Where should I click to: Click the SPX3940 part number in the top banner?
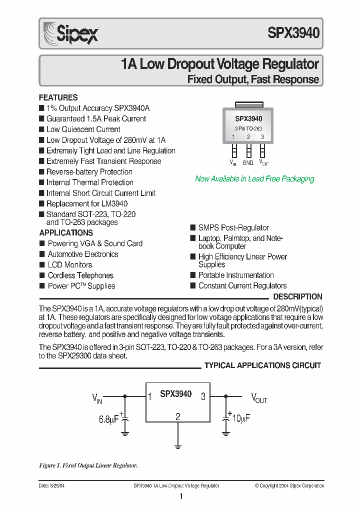point(293,33)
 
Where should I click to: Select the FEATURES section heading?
point(58,97)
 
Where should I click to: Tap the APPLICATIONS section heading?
point(66,232)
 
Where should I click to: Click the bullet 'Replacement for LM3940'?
point(86,203)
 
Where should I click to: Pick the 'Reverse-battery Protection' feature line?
point(89,172)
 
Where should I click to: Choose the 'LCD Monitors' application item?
point(69,264)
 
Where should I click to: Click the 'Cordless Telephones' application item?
point(80,275)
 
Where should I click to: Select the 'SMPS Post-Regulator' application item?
point(233,227)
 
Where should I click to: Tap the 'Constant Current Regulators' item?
point(242,286)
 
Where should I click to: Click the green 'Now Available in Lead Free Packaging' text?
point(254,179)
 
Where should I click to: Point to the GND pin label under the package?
point(248,162)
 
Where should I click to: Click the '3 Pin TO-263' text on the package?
point(248,128)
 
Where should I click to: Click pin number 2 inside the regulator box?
point(178,416)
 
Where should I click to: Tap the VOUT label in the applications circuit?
point(259,398)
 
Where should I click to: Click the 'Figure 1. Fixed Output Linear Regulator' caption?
point(88,465)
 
